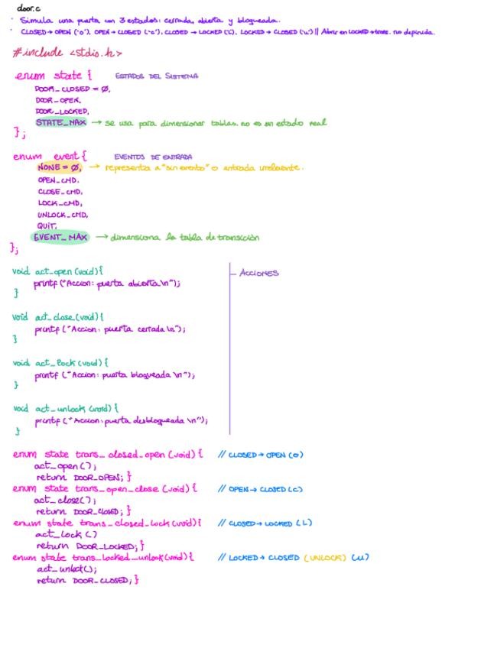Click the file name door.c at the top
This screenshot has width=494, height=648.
click(29, 8)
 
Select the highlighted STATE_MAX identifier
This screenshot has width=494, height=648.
click(60, 122)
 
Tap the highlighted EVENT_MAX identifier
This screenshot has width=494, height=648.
click(60, 237)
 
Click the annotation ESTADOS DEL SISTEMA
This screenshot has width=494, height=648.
click(157, 76)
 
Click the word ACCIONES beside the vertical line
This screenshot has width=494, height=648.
click(259, 273)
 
